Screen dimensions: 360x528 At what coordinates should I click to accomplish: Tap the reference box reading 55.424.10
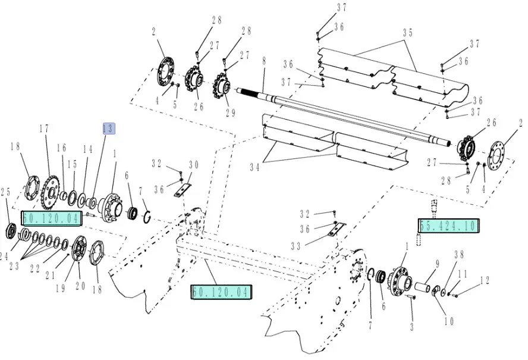point(449,226)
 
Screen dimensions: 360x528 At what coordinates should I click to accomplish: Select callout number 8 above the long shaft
point(263,61)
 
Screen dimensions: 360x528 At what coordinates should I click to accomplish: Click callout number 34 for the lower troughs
point(254,168)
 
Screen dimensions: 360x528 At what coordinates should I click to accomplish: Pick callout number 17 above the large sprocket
point(43,129)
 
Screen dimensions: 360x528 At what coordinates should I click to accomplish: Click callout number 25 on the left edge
point(6,192)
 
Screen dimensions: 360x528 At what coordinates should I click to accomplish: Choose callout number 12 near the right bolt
point(485,280)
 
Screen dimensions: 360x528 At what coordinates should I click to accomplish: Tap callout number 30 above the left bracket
point(194,165)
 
